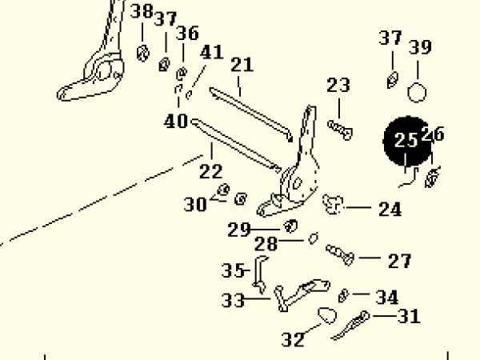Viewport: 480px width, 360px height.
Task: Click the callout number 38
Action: click(x=142, y=12)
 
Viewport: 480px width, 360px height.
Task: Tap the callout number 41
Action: click(x=211, y=53)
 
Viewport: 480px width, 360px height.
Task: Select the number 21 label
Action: click(x=242, y=65)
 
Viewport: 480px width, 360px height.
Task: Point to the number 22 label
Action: click(x=210, y=170)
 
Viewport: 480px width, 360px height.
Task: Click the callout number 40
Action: click(x=176, y=122)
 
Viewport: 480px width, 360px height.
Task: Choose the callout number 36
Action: click(x=188, y=34)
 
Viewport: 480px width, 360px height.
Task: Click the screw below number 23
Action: click(x=340, y=126)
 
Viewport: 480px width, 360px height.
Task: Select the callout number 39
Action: click(x=420, y=48)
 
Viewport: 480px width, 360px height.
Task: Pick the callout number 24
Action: click(x=390, y=210)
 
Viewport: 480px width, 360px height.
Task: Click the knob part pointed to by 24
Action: click(x=334, y=204)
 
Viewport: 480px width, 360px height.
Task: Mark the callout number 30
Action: click(x=195, y=205)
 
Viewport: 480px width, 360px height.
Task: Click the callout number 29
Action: click(x=238, y=230)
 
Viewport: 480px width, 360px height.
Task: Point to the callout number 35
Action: click(x=233, y=270)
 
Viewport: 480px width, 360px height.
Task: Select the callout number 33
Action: click(x=233, y=301)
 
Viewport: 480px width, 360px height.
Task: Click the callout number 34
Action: click(x=387, y=298)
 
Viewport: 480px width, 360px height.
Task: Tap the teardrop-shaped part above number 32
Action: click(x=327, y=314)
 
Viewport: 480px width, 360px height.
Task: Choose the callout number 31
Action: click(x=409, y=317)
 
